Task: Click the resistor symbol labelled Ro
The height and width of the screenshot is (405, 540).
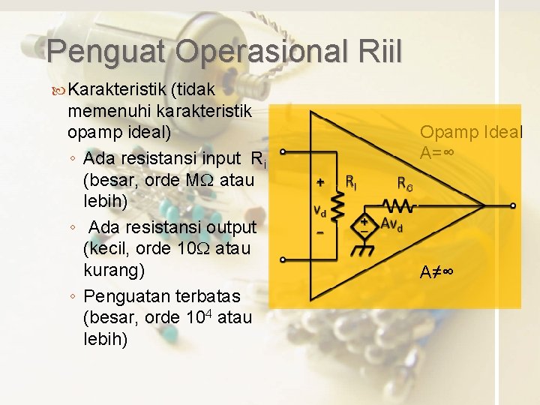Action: point(395,205)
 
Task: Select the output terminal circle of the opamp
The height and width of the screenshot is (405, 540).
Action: point(513,205)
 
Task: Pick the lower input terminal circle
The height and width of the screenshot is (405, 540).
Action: point(282,260)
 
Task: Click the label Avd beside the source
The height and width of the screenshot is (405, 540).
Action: point(391,224)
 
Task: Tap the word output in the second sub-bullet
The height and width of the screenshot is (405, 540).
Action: point(226,226)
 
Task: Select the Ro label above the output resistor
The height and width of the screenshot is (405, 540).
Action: point(405,183)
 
